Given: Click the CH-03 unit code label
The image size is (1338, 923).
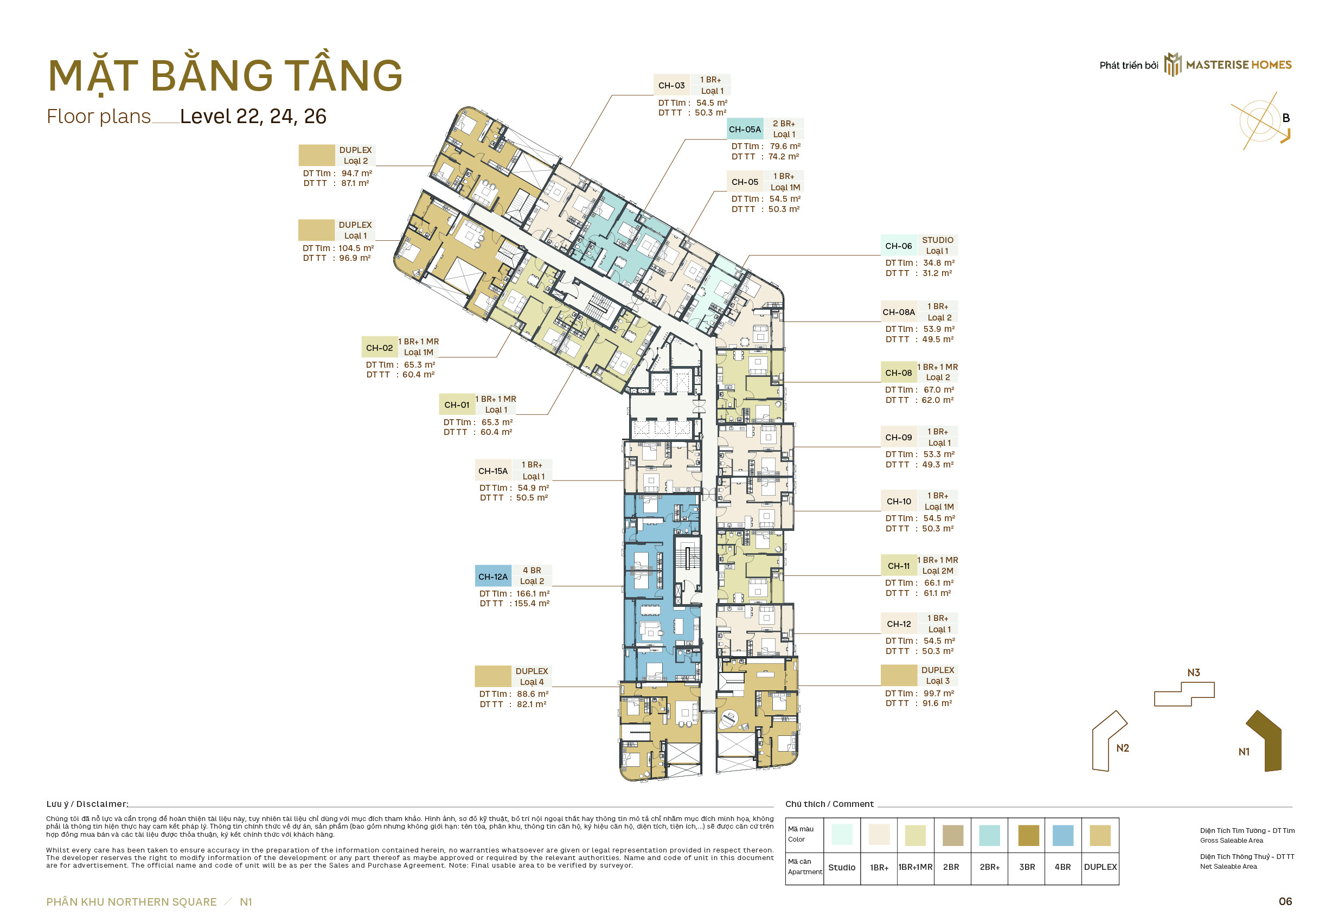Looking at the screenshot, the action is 671,86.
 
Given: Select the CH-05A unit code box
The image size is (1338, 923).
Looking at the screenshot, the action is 745,129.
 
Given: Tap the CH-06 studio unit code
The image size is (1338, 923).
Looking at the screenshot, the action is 899,246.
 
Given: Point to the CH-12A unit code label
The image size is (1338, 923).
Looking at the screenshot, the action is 492,576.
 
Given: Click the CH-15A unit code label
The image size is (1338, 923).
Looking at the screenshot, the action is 492,471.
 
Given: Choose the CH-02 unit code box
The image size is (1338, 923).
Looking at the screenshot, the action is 379,348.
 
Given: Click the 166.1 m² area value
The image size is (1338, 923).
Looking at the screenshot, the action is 533,593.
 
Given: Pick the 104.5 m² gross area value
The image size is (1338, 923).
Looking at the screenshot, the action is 356,248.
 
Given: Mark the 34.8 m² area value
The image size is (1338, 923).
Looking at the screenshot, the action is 938,262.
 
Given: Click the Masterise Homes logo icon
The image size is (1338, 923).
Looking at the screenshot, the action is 1173,65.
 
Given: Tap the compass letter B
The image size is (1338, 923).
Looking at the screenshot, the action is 1286,118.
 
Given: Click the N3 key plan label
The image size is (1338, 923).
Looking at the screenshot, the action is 1193,672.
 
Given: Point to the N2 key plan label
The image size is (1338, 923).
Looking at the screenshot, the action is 1122,748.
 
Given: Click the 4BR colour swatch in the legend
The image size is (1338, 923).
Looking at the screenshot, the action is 1063,836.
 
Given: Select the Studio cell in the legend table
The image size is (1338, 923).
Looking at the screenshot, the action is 842,868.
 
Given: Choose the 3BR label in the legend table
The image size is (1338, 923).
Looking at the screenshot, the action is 1027,867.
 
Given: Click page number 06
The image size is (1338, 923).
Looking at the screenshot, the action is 1285,901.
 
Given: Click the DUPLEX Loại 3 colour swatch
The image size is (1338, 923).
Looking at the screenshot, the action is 899,676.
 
